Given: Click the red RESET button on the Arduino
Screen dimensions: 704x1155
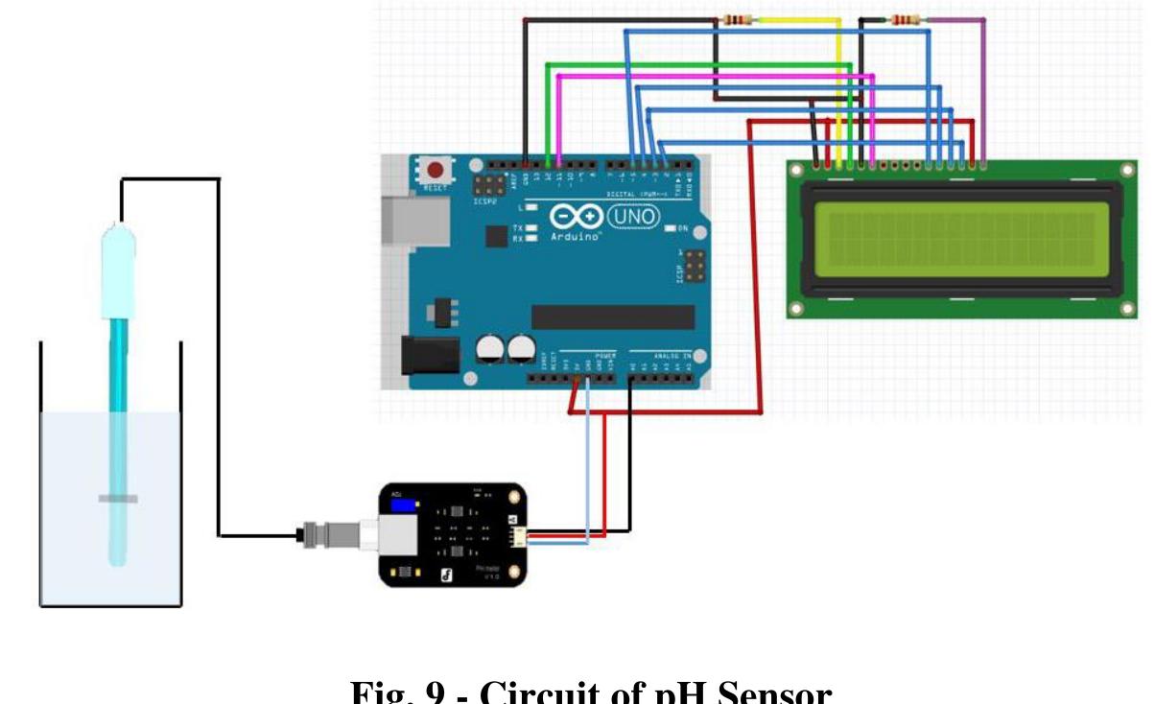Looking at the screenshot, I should tap(436, 170).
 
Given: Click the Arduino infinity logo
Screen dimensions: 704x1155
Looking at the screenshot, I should tap(577, 218).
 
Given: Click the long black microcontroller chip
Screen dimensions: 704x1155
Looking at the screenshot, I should tap(613, 317).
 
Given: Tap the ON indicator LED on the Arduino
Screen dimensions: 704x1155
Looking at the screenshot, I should tap(671, 228).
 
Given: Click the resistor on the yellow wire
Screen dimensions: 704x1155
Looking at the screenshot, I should tap(737, 19).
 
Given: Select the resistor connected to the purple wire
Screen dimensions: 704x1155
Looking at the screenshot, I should tap(905, 19).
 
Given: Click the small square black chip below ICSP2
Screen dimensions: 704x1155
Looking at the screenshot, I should tap(496, 236).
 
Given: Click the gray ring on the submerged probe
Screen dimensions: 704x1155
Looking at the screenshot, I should tap(117, 498).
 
